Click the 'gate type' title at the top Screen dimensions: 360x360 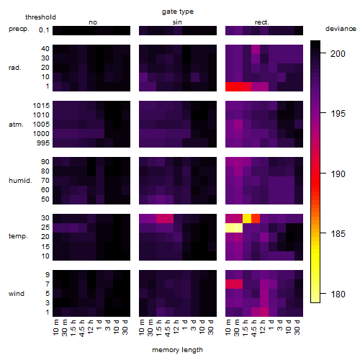coord(178,12)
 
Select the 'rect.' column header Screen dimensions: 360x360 coord(262,22)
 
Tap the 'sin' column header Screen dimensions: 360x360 coord(177,22)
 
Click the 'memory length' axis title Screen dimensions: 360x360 coord(178,350)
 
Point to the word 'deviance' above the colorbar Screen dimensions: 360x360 coord(341,29)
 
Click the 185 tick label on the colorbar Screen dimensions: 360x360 coord(338,233)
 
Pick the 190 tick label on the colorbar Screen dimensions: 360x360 coord(338,174)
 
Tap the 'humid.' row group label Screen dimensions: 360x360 coord(20,181)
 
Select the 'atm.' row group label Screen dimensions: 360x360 coord(16,125)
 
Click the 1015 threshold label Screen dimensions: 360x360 coord(41,106)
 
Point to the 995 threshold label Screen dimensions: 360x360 coord(43,143)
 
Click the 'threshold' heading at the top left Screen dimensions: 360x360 coord(40,17)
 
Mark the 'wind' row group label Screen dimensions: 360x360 coord(17,294)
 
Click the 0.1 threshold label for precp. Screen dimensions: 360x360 coord(44,30)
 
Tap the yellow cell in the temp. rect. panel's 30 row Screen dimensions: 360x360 coord(247,219)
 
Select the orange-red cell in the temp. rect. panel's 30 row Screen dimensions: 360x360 coord(256,219)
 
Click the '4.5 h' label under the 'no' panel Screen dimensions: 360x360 coord(81,328)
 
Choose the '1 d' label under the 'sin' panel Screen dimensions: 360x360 coord(185,325)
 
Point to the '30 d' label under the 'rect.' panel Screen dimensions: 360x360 coord(297,327)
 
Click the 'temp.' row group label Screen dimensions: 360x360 coord(18,236)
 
